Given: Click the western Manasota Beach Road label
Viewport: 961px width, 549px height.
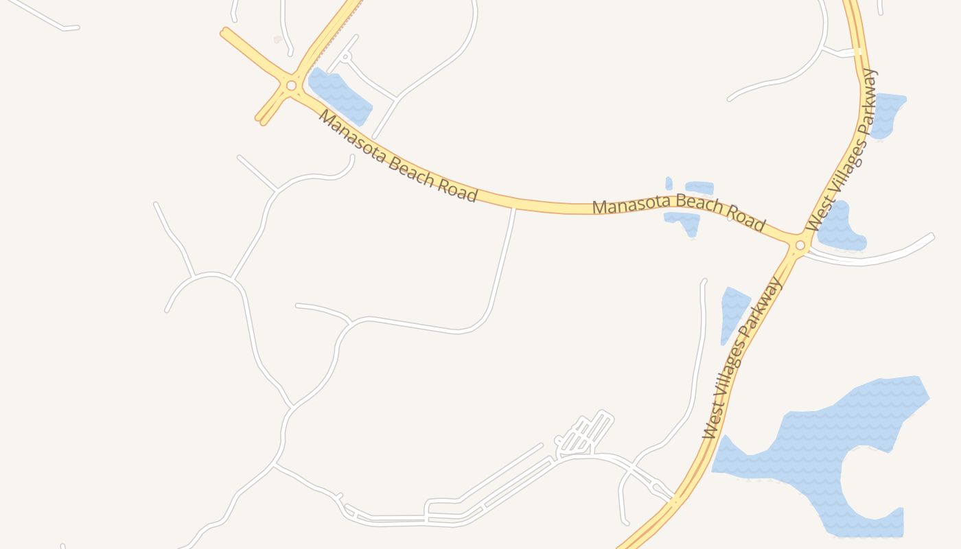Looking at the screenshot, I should click(397, 156).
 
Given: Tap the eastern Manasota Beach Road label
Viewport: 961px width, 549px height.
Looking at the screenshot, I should click(678, 211).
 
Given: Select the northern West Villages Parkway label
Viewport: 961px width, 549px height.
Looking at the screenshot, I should click(842, 150).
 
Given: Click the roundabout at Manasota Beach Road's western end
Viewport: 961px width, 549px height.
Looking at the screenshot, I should click(291, 86).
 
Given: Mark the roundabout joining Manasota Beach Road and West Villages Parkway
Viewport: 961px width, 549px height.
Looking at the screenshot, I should click(800, 245).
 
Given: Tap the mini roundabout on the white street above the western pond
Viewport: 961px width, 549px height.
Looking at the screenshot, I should click(346, 56).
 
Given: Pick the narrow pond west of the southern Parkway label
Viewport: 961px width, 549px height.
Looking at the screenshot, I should click(732, 312).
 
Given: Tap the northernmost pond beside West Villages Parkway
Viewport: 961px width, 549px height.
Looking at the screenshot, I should click(888, 114).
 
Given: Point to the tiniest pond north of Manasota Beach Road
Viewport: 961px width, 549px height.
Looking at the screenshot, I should click(669, 183).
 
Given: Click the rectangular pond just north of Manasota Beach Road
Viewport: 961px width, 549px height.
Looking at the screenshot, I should click(699, 187).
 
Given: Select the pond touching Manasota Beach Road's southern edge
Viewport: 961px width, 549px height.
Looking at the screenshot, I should click(684, 222).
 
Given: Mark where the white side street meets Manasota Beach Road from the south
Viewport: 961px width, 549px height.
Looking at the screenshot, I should click(514, 207).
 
